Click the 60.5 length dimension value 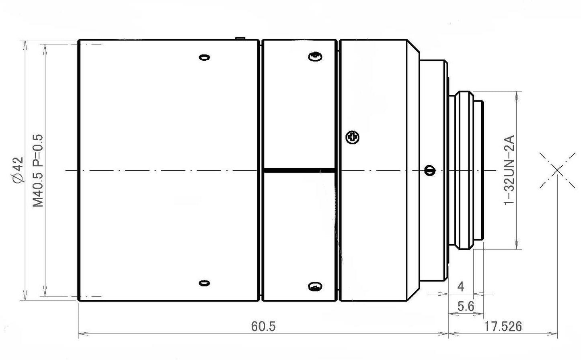click(x=263, y=326)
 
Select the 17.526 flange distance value click(x=503, y=326)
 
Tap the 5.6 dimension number click(x=466, y=307)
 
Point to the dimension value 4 click(x=461, y=286)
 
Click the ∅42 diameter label click(x=18, y=170)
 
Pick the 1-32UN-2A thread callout click(x=509, y=170)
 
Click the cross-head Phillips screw click(x=353, y=137)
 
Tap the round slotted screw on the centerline click(x=430, y=170)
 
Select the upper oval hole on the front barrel click(x=205, y=57)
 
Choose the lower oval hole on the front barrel click(x=205, y=283)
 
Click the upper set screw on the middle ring click(x=315, y=57)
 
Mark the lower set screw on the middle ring click(x=315, y=286)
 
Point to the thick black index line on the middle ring click(x=299, y=170)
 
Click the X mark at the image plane click(x=557, y=170)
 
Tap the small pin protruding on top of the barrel click(x=240, y=39)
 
